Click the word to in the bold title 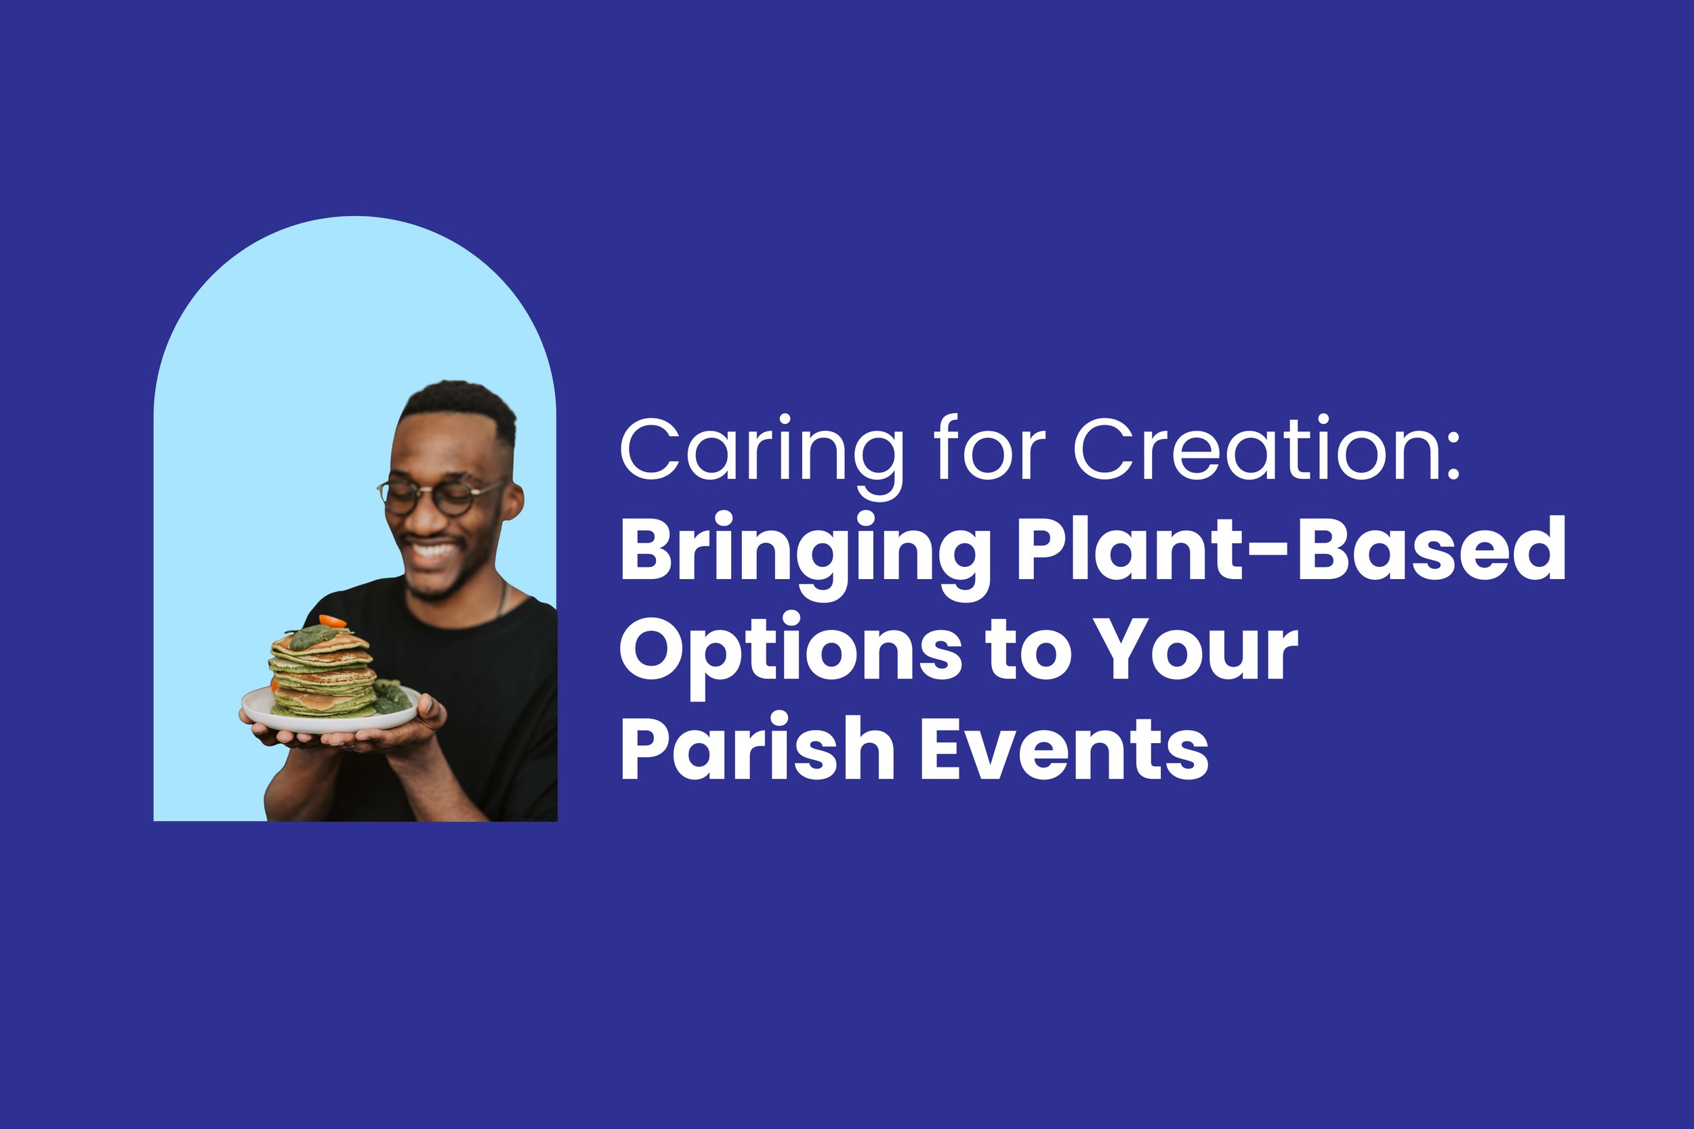pos(1029,652)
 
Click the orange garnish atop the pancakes pos(332,620)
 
